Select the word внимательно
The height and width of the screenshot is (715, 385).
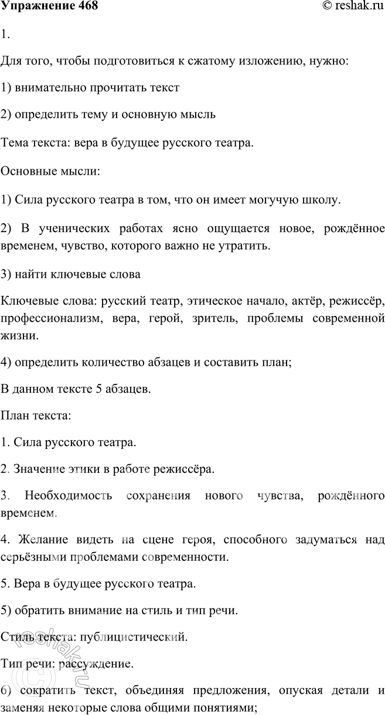(x=51, y=88)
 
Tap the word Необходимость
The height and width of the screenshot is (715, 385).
(x=69, y=496)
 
